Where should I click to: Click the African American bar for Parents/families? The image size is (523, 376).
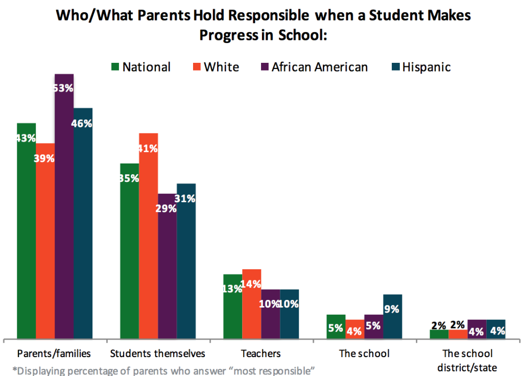[64, 215]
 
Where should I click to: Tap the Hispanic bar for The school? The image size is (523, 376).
[392, 322]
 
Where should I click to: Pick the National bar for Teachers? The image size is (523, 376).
[232, 312]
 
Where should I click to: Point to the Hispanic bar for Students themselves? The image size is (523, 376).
[186, 266]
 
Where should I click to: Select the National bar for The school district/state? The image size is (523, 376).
[439, 334]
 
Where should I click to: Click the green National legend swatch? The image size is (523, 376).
[115, 67]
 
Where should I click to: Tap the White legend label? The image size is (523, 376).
[221, 67]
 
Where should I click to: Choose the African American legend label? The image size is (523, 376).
[319, 67]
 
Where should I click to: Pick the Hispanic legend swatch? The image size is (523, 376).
[395, 67]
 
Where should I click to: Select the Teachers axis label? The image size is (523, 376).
[260, 354]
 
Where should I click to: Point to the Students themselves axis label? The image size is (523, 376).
[158, 354]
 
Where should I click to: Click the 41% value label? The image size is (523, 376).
[148, 149]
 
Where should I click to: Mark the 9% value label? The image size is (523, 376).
[392, 309]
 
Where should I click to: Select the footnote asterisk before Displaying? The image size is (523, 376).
[14, 370]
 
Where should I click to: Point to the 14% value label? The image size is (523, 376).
[252, 284]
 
